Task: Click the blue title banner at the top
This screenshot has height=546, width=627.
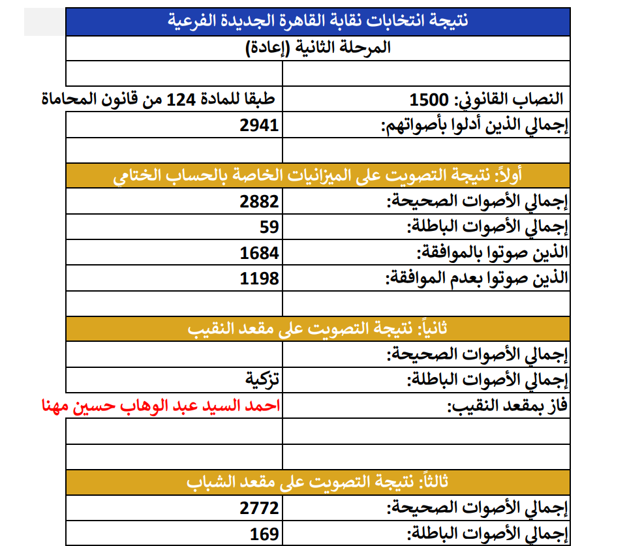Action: click(x=318, y=20)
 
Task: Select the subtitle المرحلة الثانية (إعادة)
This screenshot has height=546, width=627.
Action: click(x=318, y=48)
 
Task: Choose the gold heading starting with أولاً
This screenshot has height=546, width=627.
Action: click(x=318, y=175)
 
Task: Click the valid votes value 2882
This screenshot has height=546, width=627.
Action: click(x=259, y=201)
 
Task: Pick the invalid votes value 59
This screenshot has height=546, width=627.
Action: click(x=268, y=226)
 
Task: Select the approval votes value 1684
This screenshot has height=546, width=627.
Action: click(x=259, y=252)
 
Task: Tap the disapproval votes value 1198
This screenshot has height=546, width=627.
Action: click(x=259, y=279)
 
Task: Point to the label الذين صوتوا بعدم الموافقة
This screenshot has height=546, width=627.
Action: click(x=477, y=279)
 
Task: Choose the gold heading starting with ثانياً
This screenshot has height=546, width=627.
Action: click(x=318, y=328)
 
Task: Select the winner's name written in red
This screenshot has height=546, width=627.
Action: click(x=160, y=406)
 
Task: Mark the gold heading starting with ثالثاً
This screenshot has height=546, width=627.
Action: click(x=318, y=481)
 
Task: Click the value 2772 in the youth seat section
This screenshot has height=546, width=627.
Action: click(x=259, y=508)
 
